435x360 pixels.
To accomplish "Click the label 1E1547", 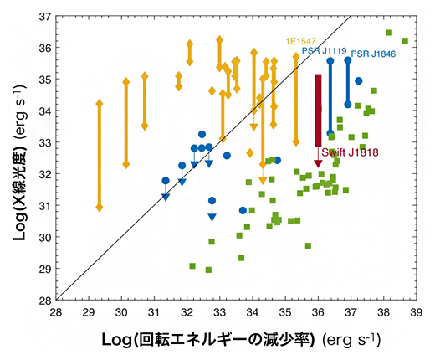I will pyautogui.click(x=300, y=40).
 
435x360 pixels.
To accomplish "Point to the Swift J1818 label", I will pyautogui.click(x=345, y=152).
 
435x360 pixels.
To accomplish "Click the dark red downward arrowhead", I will pyautogui.click(x=318, y=163).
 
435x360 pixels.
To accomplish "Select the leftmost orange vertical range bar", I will pyautogui.click(x=100, y=155).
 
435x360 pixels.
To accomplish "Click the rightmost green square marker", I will pyautogui.click(x=405, y=40).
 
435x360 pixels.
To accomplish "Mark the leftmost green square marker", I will pyautogui.click(x=192, y=265).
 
